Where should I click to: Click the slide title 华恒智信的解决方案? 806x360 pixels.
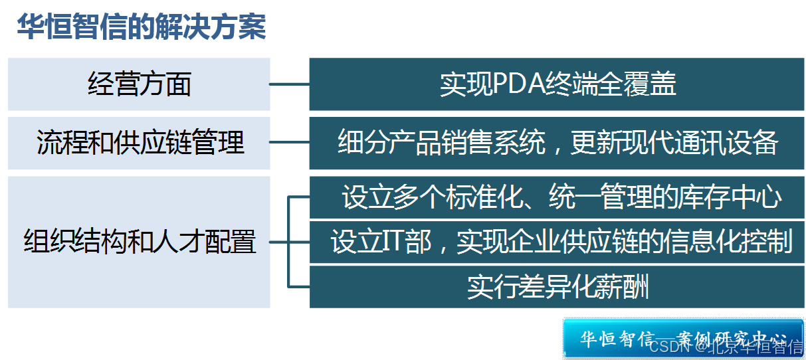click(x=142, y=28)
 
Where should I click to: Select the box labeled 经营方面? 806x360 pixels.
click(x=140, y=84)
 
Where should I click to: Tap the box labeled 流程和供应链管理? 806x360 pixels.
click(x=140, y=143)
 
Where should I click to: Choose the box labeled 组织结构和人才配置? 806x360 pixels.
click(x=140, y=242)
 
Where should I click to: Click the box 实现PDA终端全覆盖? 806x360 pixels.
click(x=557, y=84)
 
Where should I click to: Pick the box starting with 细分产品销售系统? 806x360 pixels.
click(x=557, y=143)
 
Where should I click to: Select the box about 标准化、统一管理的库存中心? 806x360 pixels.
click(x=557, y=197)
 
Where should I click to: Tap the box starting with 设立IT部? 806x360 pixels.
click(x=557, y=242)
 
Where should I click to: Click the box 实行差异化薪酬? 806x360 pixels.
click(x=557, y=287)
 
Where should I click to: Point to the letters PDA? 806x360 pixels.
click(x=519, y=85)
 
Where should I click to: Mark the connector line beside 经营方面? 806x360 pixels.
click(x=290, y=84)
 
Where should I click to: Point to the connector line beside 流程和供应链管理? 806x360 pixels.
click(x=290, y=141)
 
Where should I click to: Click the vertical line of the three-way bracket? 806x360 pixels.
click(x=288, y=242)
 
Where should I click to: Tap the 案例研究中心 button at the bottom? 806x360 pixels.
click(x=682, y=338)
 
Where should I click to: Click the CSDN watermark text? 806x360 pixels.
click(x=668, y=346)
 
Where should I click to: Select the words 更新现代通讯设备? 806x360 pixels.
click(x=673, y=143)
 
